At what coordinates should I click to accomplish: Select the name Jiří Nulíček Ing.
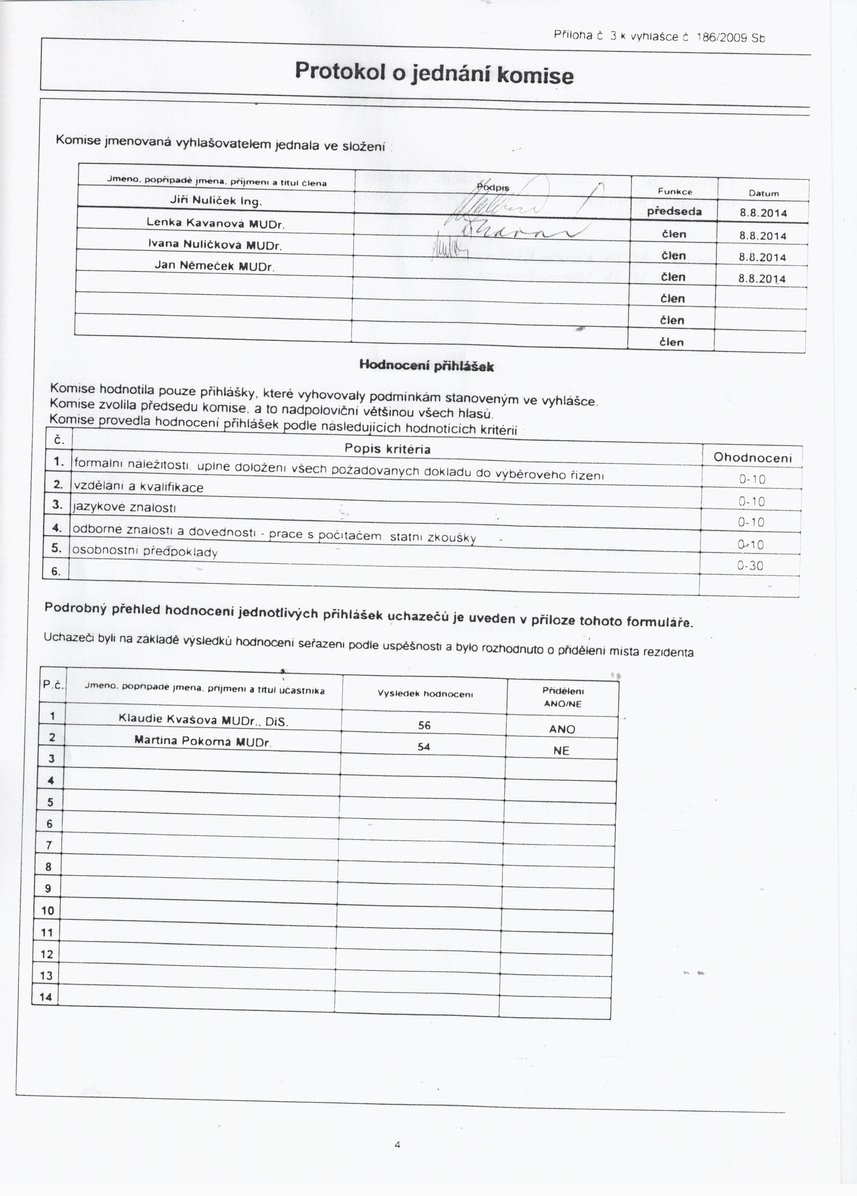216,201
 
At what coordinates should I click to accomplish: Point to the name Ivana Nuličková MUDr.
215,245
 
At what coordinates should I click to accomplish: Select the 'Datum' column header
763,193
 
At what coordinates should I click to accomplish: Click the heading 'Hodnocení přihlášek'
426,366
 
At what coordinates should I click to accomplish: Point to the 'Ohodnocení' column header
753,457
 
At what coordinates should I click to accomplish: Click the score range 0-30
750,566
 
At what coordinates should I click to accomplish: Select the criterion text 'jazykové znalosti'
125,507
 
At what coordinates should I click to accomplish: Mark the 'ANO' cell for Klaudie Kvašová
562,729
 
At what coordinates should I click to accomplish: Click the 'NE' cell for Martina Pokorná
561,750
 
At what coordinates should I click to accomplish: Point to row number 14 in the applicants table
46,996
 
